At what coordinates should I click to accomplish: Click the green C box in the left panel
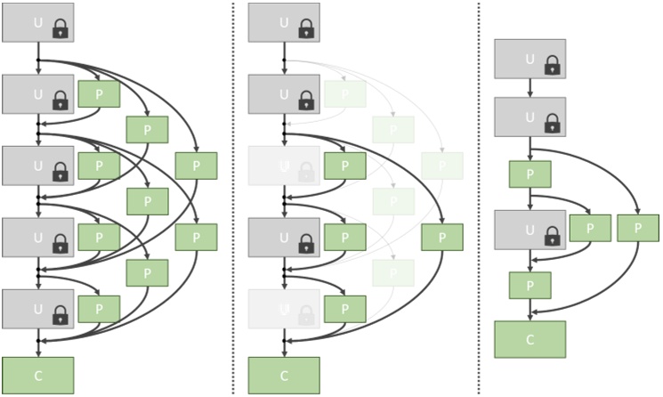click(x=37, y=375)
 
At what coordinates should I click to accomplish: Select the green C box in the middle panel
click(x=284, y=375)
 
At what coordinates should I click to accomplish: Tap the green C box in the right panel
click(x=530, y=339)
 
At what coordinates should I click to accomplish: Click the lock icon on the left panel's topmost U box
click(x=61, y=28)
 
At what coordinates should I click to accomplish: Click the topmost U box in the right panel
click(x=530, y=59)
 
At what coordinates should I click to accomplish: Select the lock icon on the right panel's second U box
click(x=552, y=122)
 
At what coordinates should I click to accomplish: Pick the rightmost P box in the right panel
click(x=638, y=228)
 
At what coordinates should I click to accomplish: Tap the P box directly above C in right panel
click(x=530, y=285)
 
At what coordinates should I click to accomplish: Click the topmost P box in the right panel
click(x=530, y=174)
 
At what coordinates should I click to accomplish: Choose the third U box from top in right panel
click(x=530, y=230)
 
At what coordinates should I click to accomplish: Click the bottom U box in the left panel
click(x=37, y=308)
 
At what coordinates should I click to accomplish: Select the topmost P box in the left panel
click(x=99, y=93)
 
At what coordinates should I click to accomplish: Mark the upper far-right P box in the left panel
click(x=196, y=166)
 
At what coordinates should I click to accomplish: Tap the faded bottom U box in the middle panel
click(x=284, y=308)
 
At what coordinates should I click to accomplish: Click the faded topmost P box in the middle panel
click(x=345, y=93)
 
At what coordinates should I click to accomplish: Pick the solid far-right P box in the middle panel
click(x=442, y=237)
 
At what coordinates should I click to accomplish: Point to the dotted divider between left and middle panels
click(x=233, y=196)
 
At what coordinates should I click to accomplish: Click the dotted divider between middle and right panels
click(x=480, y=196)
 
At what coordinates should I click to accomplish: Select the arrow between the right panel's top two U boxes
click(x=530, y=88)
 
